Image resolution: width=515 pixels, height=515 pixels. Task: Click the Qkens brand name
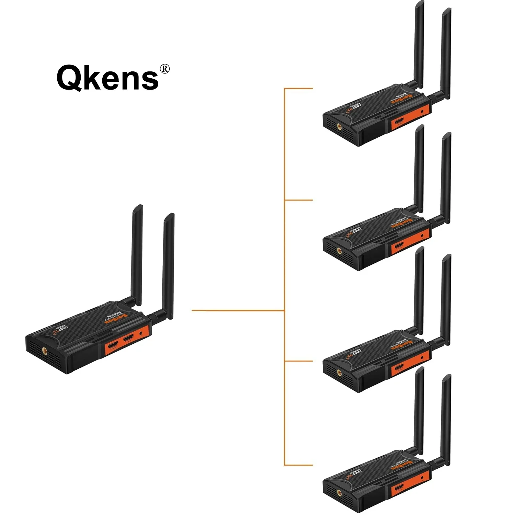click(x=107, y=78)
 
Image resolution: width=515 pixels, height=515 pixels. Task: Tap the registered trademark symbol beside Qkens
click(x=165, y=69)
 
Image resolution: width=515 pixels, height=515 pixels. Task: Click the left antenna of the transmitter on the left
click(x=137, y=254)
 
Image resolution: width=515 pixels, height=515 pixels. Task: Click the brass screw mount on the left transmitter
click(x=45, y=351)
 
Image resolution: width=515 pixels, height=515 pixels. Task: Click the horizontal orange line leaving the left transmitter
click(x=237, y=310)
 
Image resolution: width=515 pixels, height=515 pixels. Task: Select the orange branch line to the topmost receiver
click(x=299, y=89)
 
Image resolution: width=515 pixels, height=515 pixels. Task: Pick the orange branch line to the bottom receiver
click(x=299, y=465)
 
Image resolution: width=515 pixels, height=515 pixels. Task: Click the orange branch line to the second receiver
click(x=299, y=200)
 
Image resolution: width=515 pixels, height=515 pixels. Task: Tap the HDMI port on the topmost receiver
click(x=399, y=122)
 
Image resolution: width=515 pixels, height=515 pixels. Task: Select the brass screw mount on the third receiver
click(x=339, y=371)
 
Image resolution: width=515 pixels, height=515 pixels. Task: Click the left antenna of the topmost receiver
click(x=419, y=45)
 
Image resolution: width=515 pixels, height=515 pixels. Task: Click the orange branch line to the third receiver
click(x=299, y=361)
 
